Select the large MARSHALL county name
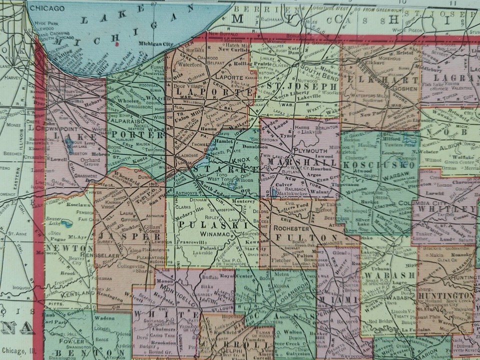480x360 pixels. tap(301, 163)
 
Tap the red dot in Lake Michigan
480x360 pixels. tap(117, 44)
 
